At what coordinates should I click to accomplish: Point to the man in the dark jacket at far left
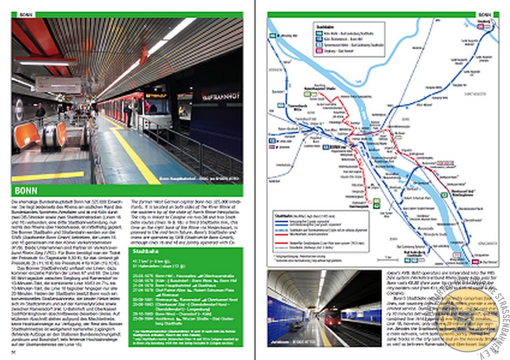click(x=40, y=114)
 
